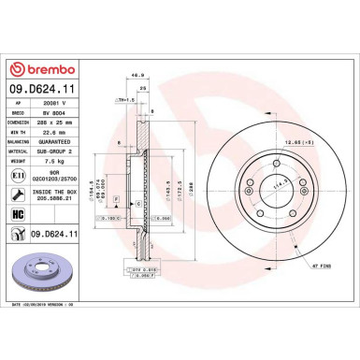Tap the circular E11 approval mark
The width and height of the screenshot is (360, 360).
(19, 175)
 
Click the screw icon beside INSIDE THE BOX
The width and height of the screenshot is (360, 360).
(19, 194)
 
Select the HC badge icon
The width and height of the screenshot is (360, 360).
(19, 214)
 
